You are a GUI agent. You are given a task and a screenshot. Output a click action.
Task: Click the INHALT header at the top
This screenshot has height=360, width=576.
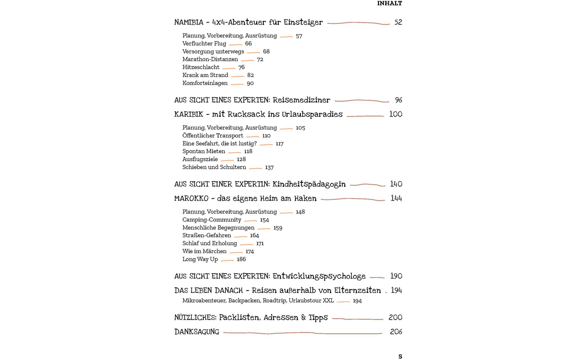tap(390, 4)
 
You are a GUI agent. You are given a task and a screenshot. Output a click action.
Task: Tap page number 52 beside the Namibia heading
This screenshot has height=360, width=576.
tap(398, 22)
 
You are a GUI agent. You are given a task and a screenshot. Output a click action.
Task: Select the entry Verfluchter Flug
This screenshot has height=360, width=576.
tap(204, 44)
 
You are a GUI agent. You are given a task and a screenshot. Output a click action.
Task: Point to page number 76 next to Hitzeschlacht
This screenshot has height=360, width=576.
tap(241, 67)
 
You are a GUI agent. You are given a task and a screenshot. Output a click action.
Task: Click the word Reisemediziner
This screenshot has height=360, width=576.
tap(301, 100)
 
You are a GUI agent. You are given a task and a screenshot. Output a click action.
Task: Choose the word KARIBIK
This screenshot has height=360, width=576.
tap(189, 114)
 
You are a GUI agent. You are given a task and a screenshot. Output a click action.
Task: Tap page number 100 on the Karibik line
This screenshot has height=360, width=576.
tap(395, 114)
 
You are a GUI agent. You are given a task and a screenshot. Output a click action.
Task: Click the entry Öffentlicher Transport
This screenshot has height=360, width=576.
tap(213, 136)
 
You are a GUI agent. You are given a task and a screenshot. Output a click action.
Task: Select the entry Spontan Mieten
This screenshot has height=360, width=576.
tap(204, 152)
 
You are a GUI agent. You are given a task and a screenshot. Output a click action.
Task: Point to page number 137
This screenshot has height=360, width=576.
tap(269, 167)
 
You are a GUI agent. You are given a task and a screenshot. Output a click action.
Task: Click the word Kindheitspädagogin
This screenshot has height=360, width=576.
tap(309, 184)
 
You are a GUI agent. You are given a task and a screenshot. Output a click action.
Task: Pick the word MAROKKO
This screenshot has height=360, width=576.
tap(191, 199)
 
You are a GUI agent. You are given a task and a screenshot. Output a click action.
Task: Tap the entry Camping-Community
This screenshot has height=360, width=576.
tap(212, 220)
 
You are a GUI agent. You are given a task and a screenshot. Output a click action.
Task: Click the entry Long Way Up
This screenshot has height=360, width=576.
tap(200, 259)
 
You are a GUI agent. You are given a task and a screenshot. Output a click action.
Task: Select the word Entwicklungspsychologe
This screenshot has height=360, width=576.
tap(319, 276)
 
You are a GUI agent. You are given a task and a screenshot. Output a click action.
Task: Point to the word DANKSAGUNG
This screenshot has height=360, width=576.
tap(197, 332)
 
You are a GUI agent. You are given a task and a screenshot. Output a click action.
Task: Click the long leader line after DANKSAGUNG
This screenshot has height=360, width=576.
tap(302, 333)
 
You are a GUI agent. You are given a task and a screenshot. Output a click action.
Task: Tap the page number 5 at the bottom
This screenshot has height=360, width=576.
tap(400, 356)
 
